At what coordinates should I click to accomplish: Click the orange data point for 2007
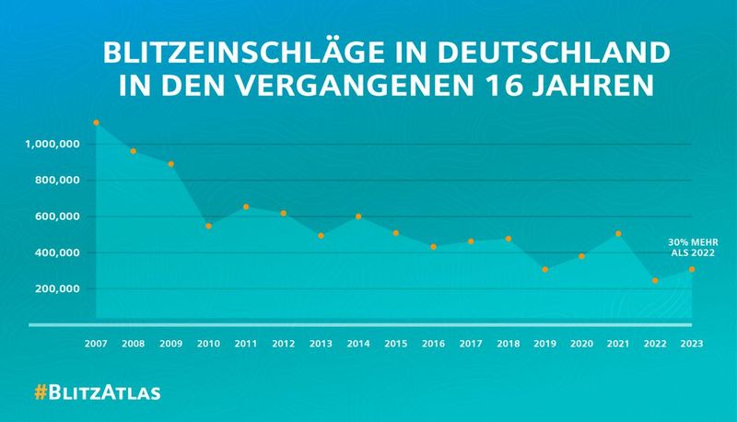point(97,123)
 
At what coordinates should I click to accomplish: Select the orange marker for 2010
point(209,226)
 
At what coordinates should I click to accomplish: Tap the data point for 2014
point(358,217)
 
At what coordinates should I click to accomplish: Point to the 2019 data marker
point(545,269)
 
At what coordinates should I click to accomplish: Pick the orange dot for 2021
point(619,234)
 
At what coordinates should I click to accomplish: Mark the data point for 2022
point(655,280)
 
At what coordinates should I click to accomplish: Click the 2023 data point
point(692,269)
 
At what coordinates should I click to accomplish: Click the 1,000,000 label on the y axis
point(57,145)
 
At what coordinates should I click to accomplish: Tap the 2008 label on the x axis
point(135,344)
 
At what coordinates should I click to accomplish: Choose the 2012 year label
point(284,344)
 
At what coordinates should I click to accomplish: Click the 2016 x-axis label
point(433,344)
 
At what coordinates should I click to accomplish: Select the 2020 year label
point(581,344)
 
